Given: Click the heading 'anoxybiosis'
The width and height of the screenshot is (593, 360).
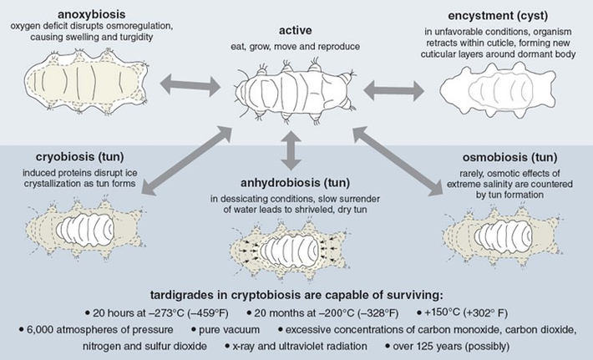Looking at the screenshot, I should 98,14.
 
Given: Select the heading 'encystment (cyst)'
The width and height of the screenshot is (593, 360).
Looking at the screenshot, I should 488,14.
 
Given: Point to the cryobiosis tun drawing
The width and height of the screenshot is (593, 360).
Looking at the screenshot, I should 88,226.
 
